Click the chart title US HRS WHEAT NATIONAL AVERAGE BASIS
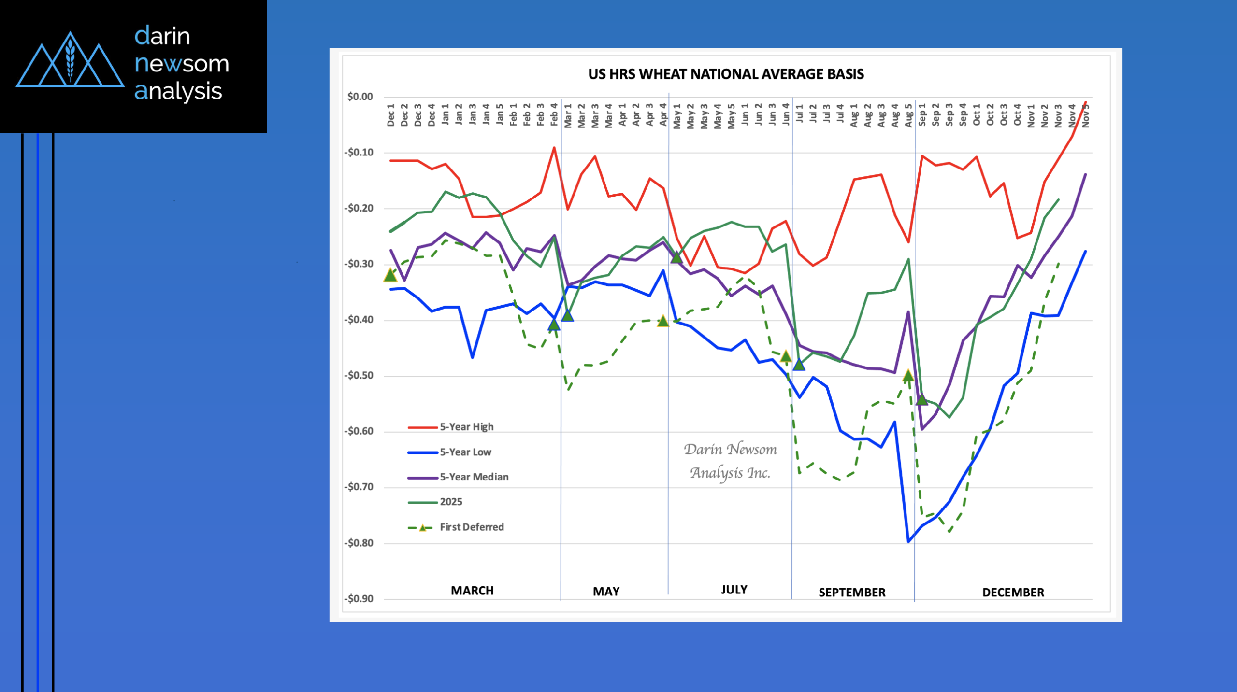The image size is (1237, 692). coord(726,74)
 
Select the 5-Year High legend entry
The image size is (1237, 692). coord(466,427)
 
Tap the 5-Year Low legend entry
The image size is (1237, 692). coord(465,452)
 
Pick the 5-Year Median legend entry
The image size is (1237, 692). coord(474,477)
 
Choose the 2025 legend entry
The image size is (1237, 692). coord(451,502)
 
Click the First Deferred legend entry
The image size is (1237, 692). coord(471,527)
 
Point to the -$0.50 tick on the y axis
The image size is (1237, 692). coord(359,376)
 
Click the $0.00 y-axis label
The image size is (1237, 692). coord(360,97)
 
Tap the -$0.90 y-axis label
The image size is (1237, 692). coord(359,599)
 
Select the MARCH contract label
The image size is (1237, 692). coord(472,591)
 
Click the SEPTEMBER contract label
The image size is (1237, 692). coord(852,593)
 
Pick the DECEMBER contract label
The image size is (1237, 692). coord(1013,593)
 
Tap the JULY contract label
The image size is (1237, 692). coord(734,590)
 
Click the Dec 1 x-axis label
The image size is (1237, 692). coord(391,115)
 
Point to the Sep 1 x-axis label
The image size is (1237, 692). coord(922,115)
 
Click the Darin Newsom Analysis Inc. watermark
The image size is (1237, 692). coord(730,461)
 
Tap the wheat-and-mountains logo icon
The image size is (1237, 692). coord(70,60)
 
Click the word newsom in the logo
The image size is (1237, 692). coord(182,64)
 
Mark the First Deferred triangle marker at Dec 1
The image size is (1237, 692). coord(390,275)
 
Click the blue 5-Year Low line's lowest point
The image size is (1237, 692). coord(908,541)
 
